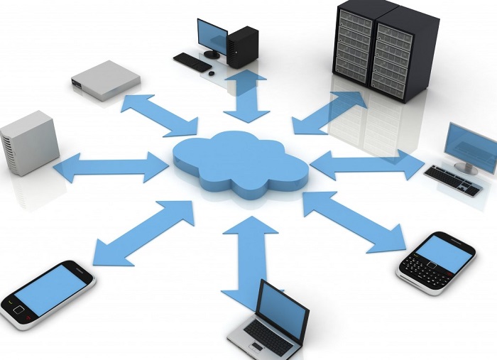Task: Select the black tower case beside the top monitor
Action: (242, 45)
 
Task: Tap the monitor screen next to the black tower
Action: (212, 35)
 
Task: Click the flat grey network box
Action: (105, 77)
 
